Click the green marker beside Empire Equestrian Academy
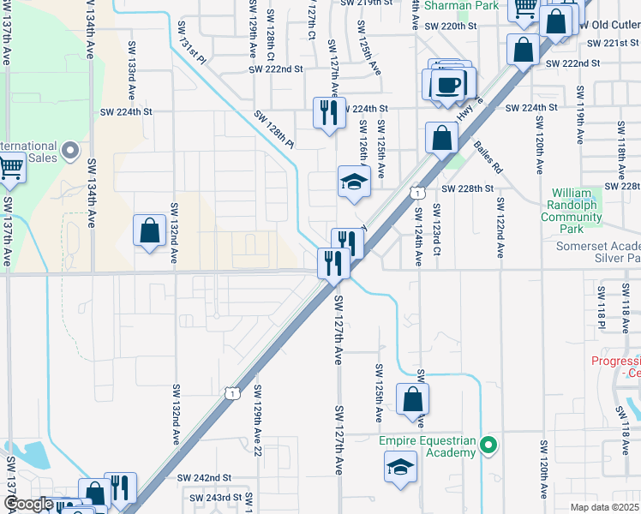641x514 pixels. [488, 444]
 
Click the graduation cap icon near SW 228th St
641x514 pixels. [354, 181]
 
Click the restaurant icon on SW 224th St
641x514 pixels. [329, 111]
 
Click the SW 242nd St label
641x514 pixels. [205, 477]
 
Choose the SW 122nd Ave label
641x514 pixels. [499, 228]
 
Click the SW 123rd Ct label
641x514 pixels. [436, 230]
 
